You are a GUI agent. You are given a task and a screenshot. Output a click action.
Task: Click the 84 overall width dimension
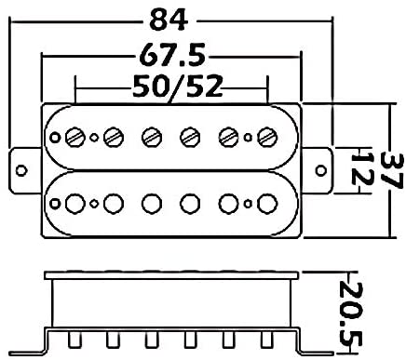tap(169, 20)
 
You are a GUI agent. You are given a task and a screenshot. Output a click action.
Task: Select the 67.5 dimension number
tap(172, 55)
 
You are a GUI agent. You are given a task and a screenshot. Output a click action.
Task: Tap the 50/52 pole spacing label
tap(178, 87)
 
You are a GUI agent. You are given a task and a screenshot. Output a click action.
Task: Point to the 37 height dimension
tap(393, 170)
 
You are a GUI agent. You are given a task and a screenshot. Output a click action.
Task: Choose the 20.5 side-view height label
tap(351, 313)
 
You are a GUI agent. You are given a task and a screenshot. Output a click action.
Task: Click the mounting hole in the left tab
tap(21, 171)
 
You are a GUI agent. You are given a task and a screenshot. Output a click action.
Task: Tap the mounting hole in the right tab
tap(321, 170)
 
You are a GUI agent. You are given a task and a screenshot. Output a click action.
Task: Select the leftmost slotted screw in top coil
tap(75, 137)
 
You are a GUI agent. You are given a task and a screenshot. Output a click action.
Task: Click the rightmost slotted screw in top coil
tap(267, 137)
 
